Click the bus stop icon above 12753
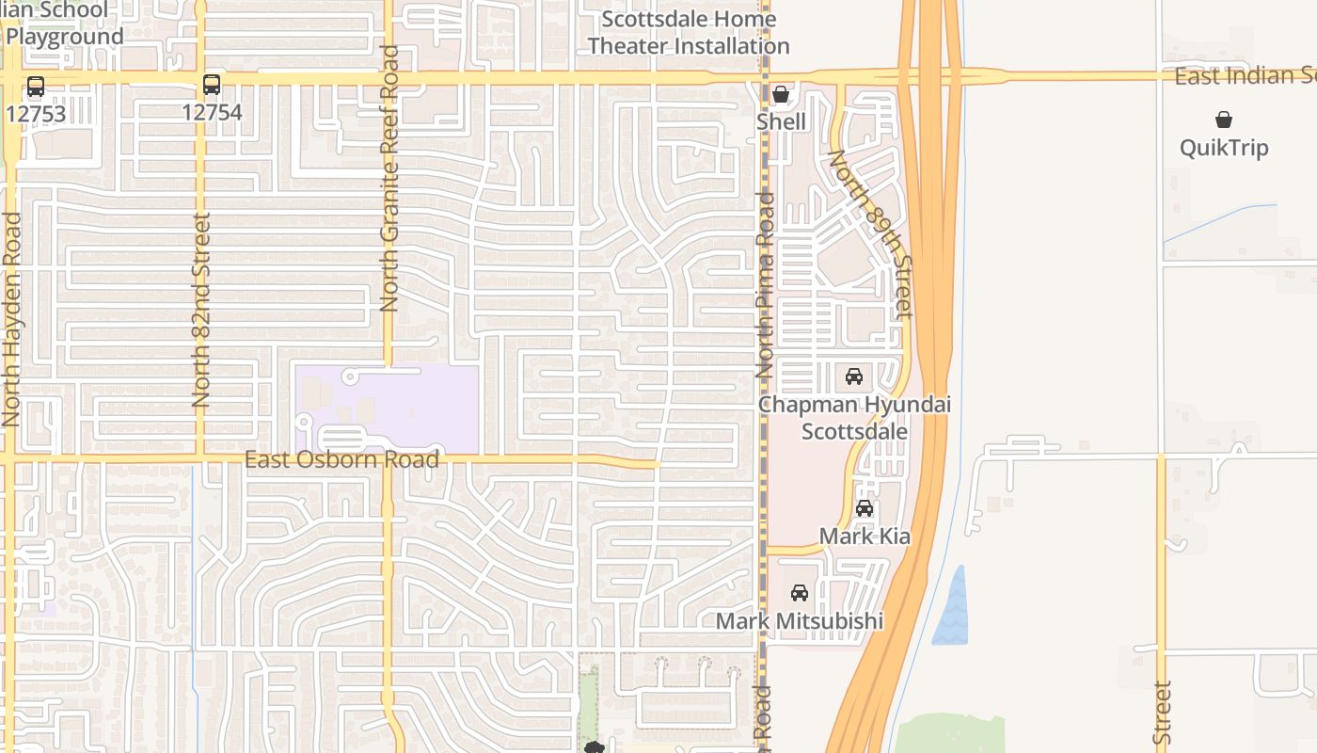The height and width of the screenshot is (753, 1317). click(36, 87)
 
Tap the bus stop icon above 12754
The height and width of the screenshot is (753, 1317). click(212, 85)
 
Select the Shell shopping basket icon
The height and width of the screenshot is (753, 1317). click(781, 94)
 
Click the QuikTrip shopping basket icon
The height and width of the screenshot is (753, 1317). click(1224, 120)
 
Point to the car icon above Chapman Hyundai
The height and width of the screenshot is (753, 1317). click(854, 376)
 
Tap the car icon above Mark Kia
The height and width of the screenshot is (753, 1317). click(865, 508)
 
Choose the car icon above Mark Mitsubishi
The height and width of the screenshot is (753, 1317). click(800, 593)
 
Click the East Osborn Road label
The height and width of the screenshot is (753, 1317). click(341, 459)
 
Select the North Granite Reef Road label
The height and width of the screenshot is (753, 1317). click(389, 179)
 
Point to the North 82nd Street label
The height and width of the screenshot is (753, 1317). click(201, 311)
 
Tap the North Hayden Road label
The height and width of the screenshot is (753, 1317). click(11, 320)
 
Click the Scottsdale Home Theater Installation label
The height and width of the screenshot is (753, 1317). click(689, 32)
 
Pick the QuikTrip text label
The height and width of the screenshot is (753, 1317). click(1224, 148)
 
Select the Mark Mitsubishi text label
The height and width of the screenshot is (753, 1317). click(800, 621)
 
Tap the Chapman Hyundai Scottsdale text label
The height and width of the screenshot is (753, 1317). click(854, 418)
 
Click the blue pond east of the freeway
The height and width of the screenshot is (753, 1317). click(951, 607)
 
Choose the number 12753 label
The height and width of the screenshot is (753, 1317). click(36, 113)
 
